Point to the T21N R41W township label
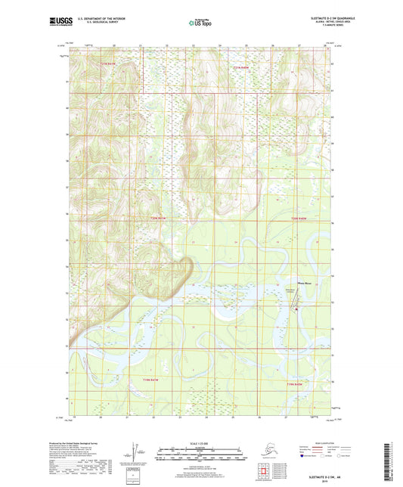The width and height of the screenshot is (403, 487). [112, 64]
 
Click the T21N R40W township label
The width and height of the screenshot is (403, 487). [240, 69]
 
